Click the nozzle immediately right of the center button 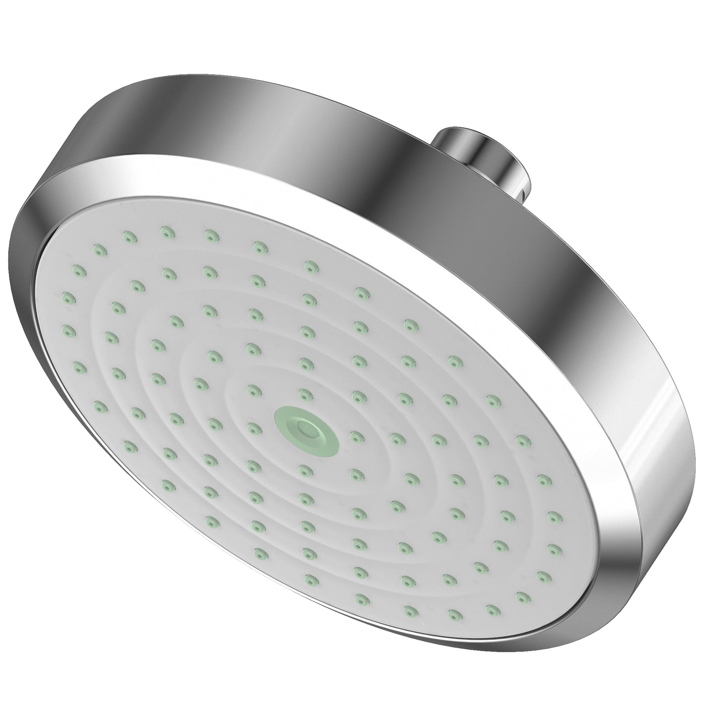354,435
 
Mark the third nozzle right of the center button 437,438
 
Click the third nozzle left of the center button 175,418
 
